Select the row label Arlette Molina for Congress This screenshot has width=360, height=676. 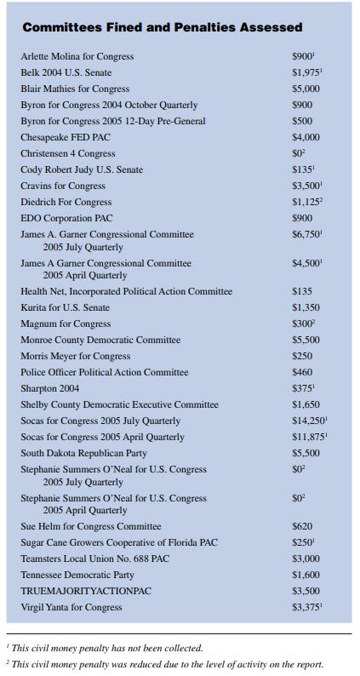coord(77,57)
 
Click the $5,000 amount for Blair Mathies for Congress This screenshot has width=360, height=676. coord(307,89)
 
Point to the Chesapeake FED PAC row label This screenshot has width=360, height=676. coord(64,137)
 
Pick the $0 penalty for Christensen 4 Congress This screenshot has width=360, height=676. coord(298,153)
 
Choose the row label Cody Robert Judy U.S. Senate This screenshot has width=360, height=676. coord(82,169)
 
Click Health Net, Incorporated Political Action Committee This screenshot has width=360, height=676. coord(127,291)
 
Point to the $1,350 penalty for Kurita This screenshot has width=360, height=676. coord(307,307)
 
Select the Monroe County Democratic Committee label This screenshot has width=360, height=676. coord(100,340)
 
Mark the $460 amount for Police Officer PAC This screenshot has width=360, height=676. coord(303,372)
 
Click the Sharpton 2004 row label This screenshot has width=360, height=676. coord(51,388)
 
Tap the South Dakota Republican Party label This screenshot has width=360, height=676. coord(89,453)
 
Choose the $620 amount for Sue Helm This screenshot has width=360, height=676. coord(303,526)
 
